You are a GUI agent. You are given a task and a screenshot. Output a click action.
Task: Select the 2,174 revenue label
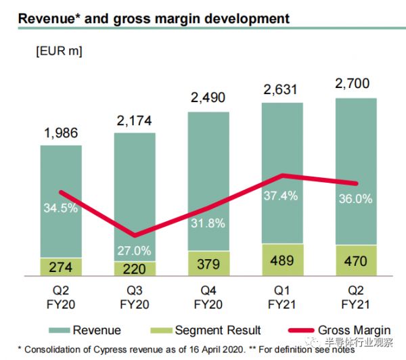tap(134, 122)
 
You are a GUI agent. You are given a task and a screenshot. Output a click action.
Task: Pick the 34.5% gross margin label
tap(60, 207)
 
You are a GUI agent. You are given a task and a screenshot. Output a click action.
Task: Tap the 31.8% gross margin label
tap(208, 223)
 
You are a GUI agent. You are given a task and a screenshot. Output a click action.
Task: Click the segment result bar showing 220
tap(134, 269)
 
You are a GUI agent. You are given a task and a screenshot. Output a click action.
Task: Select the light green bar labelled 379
tap(208, 263)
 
